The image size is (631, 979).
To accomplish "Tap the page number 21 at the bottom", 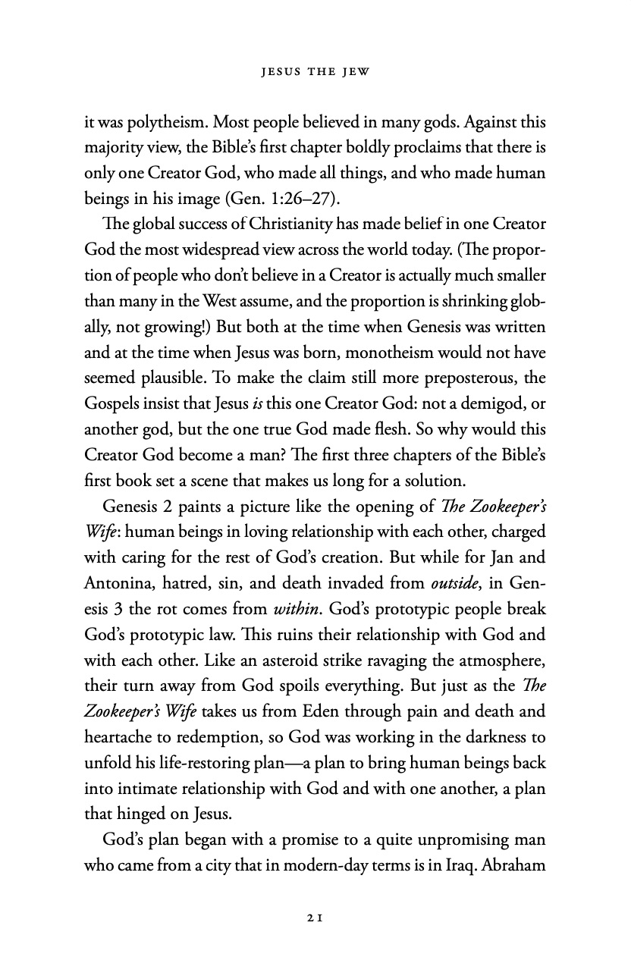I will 315,917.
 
